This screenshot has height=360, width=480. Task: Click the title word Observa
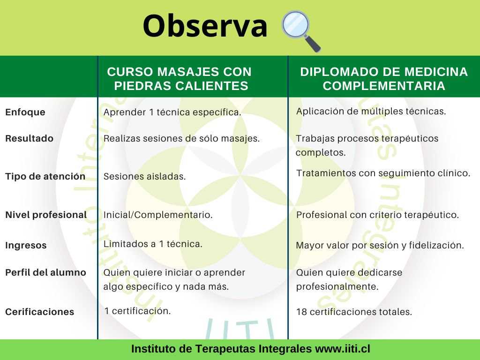pyautogui.click(x=205, y=26)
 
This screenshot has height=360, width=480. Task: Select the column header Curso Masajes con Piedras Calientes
pyautogui.click(x=180, y=79)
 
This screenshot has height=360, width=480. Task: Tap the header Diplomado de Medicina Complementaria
pyautogui.click(x=384, y=79)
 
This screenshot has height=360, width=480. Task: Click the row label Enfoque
pyautogui.click(x=25, y=112)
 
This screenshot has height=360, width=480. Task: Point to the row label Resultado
pyautogui.click(x=30, y=138)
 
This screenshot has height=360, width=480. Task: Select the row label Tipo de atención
pyautogui.click(x=45, y=176)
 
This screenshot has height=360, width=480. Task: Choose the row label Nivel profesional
pyautogui.click(x=46, y=215)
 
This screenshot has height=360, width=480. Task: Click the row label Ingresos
pyautogui.click(x=26, y=246)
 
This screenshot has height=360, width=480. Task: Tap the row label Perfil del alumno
pyautogui.click(x=45, y=272)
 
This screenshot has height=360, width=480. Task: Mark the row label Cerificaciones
pyautogui.click(x=40, y=312)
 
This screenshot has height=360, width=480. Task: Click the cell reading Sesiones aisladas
pyautogui.click(x=144, y=176)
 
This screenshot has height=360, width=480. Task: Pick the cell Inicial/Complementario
pyautogui.click(x=158, y=215)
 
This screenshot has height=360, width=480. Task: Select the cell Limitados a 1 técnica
pyautogui.click(x=153, y=244)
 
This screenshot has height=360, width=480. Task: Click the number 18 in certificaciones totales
pyautogui.click(x=301, y=312)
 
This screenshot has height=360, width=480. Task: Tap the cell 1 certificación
pyautogui.click(x=137, y=311)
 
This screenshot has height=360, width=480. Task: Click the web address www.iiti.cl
pyautogui.click(x=343, y=349)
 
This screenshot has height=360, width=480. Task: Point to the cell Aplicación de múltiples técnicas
pyautogui.click(x=371, y=111)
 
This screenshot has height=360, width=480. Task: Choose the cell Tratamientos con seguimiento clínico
pyautogui.click(x=383, y=173)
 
